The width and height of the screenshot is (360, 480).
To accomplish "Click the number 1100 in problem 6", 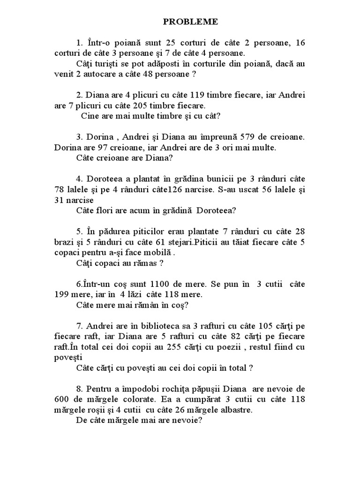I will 162,284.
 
